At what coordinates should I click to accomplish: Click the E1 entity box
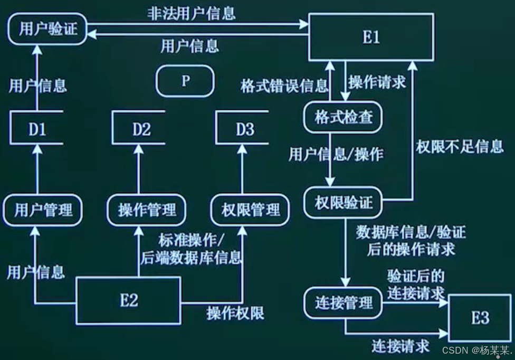[x=371, y=36]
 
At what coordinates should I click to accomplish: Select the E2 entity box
[x=129, y=300]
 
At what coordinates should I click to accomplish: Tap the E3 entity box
[x=480, y=317]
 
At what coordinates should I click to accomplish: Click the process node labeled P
[x=185, y=82]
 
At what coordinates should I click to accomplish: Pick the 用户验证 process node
[x=48, y=29]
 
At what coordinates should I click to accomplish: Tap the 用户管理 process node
[x=43, y=210]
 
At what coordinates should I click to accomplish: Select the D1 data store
[x=37, y=128]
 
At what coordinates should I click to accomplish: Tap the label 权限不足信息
[x=459, y=147]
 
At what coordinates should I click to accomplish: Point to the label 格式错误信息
[x=284, y=86]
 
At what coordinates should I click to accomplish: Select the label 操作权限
[x=235, y=313]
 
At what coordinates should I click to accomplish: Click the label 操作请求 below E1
[x=377, y=83]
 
